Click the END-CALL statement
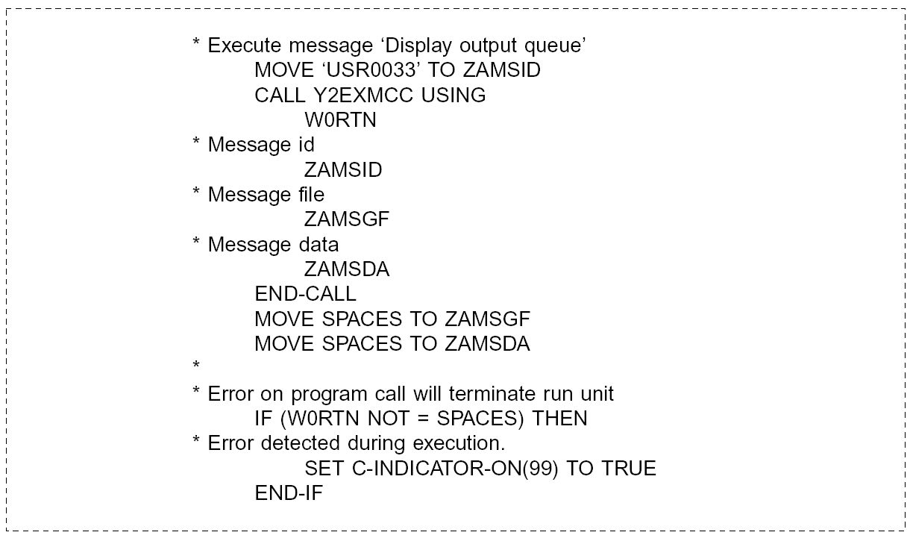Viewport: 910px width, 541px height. coord(305,294)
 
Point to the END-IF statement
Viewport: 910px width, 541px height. coord(289,493)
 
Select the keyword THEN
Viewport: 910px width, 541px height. coord(559,419)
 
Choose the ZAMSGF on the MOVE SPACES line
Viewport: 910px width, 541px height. coord(486,319)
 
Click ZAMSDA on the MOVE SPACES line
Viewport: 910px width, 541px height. coord(486,344)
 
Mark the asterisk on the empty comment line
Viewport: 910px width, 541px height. coord(196,366)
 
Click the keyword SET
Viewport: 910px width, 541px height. coord(324,469)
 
